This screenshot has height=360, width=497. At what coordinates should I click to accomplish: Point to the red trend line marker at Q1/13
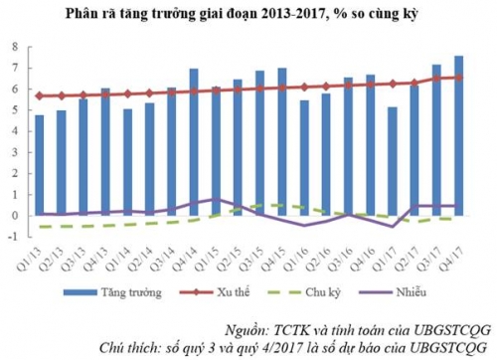40,95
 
